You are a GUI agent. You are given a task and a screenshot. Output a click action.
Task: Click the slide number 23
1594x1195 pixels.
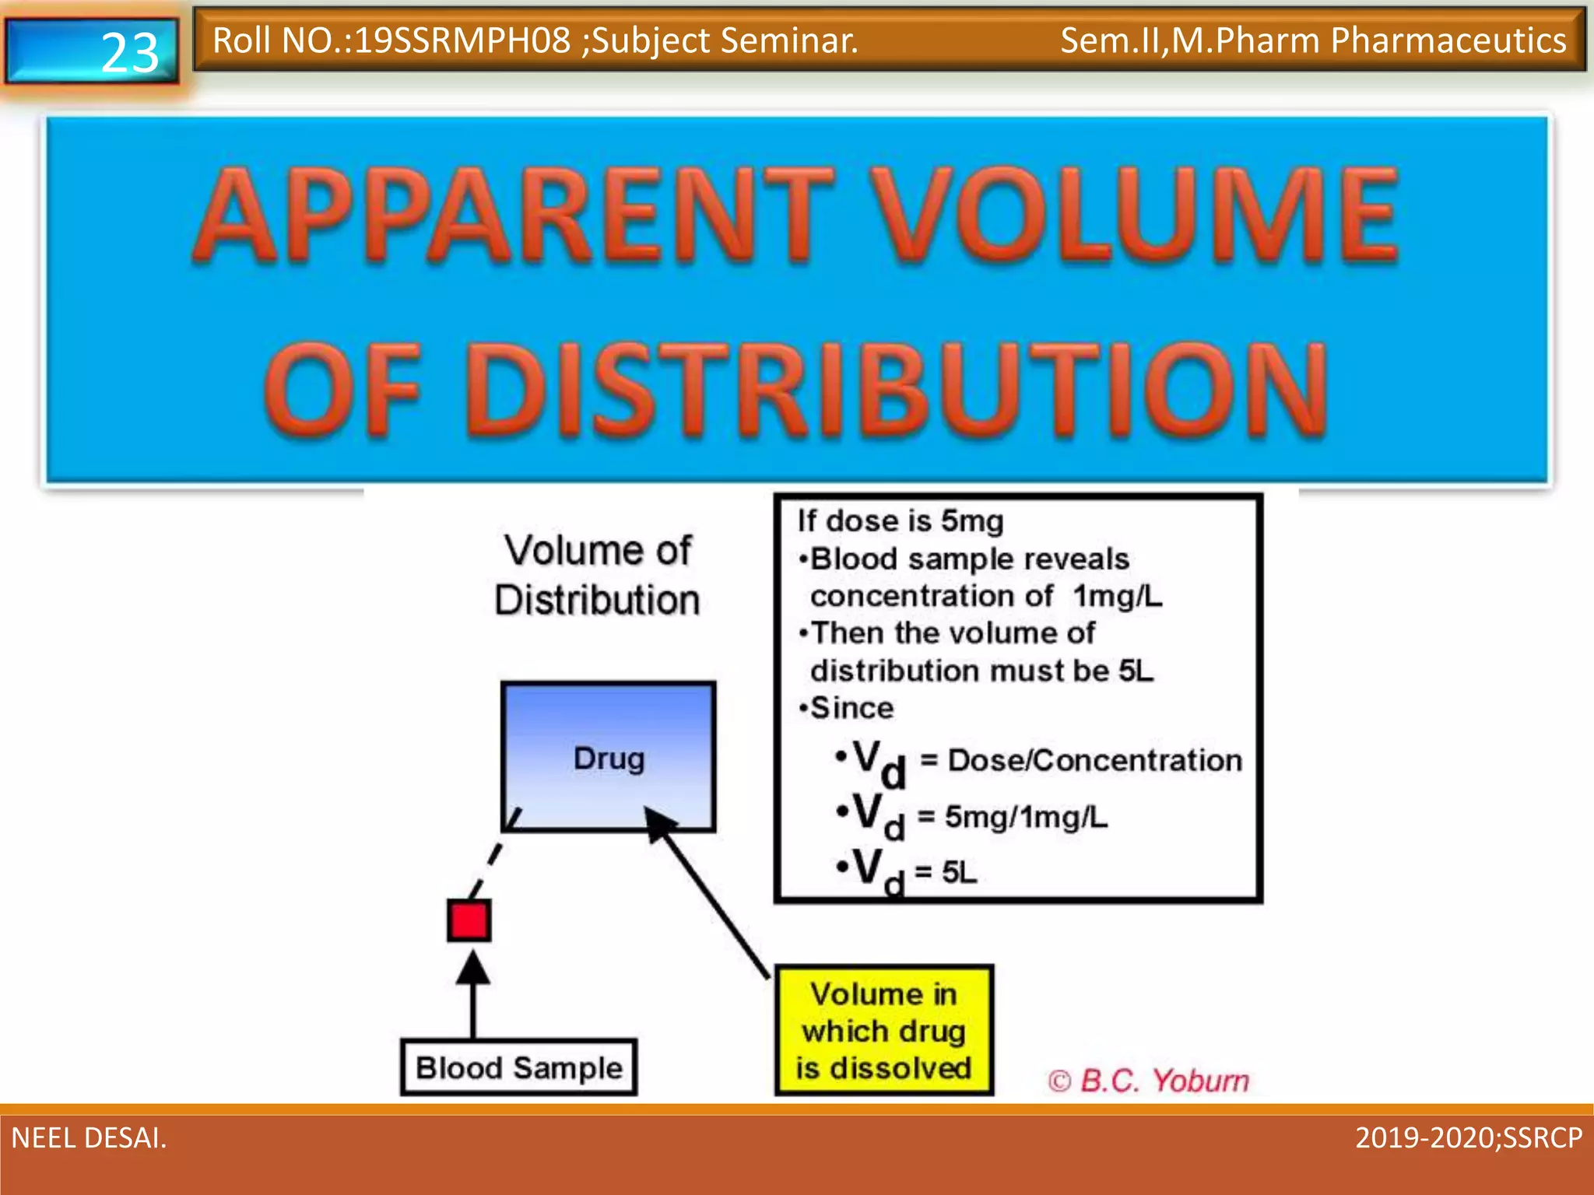[129, 53]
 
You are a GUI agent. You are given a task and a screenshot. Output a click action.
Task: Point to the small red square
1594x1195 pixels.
[469, 920]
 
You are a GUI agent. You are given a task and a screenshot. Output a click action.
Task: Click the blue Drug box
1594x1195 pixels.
[609, 757]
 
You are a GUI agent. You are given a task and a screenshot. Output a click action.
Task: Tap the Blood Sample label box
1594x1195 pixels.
[519, 1068]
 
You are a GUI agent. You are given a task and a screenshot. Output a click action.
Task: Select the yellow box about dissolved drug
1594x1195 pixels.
[884, 1030]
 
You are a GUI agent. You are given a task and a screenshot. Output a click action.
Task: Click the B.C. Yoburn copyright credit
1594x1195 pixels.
[1149, 1081]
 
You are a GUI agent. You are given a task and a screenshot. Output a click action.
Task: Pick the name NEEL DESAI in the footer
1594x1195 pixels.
[89, 1138]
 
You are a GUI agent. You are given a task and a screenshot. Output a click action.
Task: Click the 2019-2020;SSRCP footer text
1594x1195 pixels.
[1469, 1138]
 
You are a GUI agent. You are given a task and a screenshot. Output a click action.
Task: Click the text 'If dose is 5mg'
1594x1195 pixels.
[901, 520]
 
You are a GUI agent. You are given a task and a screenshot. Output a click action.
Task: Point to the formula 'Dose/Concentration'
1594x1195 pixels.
[1095, 760]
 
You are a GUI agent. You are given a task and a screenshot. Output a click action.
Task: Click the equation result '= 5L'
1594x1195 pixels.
[947, 872]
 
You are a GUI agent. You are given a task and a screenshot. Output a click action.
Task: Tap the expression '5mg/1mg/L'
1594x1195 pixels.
[1026, 817]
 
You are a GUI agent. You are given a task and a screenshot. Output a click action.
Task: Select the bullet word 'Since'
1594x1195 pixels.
[851, 708]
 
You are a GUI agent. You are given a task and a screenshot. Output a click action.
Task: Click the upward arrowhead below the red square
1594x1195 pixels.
[472, 969]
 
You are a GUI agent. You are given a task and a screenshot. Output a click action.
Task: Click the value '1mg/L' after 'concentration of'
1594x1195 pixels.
[1117, 596]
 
